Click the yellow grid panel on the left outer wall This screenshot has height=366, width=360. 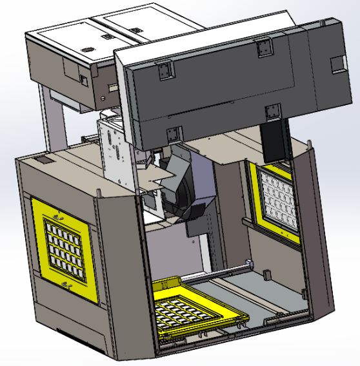65,249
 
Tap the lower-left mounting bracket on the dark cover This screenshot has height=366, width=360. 172,134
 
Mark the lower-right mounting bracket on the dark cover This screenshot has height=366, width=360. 274,111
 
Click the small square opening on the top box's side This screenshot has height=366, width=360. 83,79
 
